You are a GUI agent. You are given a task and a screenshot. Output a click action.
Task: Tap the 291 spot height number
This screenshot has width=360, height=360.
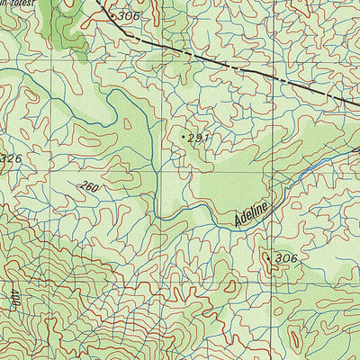[x=199, y=138]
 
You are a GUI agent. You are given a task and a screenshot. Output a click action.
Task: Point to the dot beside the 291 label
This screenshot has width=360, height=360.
[x=184, y=136]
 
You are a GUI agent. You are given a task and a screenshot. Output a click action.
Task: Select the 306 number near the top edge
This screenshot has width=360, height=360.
[x=129, y=16]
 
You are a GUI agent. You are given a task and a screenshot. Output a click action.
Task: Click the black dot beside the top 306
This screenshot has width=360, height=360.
[x=112, y=14]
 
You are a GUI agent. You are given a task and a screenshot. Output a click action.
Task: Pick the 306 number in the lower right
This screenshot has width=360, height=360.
[x=286, y=259]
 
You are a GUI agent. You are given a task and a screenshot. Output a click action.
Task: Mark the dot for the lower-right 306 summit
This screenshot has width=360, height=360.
[x=267, y=256]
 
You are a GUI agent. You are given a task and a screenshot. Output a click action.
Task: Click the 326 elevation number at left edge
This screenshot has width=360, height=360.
[x=11, y=159]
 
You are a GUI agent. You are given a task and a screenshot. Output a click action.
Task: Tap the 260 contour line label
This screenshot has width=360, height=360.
[x=89, y=187]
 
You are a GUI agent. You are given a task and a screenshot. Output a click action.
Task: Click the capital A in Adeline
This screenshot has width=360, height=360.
[x=238, y=220]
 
